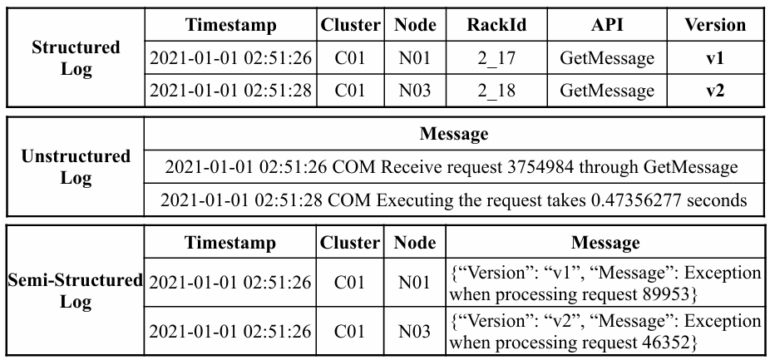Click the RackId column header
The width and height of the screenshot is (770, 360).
[x=496, y=25]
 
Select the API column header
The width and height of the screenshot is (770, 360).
[x=607, y=25]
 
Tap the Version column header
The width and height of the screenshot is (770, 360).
[x=715, y=25]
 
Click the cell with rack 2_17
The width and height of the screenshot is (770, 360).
[x=496, y=58]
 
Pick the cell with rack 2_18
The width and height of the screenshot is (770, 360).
[x=496, y=91]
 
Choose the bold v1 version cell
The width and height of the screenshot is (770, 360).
[x=715, y=58]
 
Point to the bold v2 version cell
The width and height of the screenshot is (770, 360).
[x=715, y=91]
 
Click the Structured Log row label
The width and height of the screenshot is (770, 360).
[x=76, y=58]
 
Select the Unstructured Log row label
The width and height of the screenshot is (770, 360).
[x=76, y=167]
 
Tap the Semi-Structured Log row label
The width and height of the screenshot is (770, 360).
[x=76, y=291]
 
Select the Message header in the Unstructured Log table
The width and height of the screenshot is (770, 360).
[x=454, y=134]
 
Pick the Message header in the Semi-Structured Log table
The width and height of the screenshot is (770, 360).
[x=605, y=242]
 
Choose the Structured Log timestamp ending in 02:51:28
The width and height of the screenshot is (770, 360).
[x=230, y=91]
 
